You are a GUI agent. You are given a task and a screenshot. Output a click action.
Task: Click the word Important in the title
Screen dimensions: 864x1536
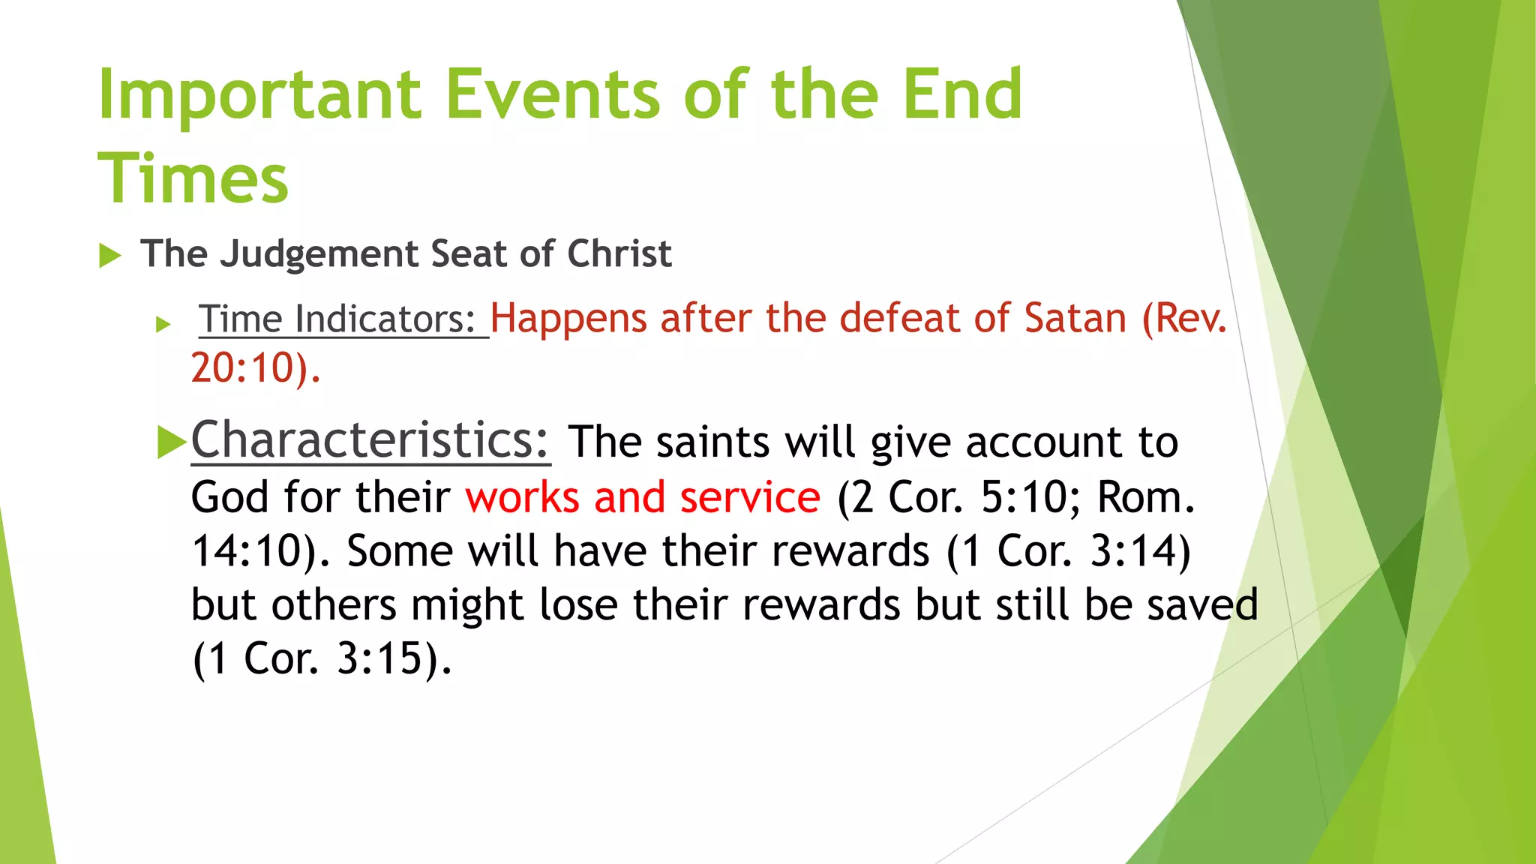259,96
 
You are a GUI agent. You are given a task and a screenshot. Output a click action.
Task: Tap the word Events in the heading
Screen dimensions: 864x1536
553,94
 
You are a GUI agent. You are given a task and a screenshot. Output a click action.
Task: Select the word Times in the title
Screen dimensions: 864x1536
193,178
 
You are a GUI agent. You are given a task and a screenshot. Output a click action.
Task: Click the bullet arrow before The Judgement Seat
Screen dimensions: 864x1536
110,256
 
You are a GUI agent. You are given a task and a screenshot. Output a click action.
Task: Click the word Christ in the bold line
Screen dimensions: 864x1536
619,253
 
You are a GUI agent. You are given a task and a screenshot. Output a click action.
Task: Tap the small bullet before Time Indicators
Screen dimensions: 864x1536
163,325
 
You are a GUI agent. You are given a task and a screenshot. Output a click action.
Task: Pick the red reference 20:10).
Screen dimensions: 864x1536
256,368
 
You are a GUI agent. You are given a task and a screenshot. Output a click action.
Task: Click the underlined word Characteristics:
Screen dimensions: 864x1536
370,440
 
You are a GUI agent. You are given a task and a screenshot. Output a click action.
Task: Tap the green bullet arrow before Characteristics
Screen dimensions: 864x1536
172,442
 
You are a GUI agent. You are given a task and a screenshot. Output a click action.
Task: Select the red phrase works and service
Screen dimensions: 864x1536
643,497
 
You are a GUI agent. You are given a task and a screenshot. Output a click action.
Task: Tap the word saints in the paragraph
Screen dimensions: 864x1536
712,442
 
